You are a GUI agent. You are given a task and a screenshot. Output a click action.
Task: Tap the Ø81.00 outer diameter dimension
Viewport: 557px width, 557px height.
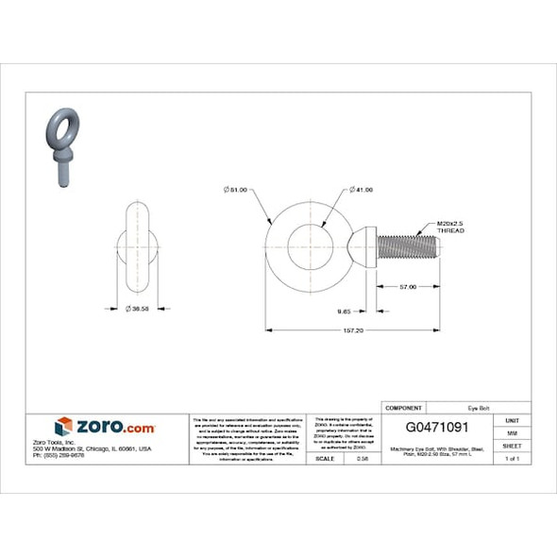[236, 190]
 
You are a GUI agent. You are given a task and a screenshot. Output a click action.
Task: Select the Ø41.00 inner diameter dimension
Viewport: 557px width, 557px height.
[361, 190]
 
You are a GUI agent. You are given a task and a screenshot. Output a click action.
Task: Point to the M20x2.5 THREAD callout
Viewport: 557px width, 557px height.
[451, 227]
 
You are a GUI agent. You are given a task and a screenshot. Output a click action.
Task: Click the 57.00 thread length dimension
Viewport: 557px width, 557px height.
[408, 286]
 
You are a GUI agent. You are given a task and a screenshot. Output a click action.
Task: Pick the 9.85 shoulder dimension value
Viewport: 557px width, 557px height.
[346, 309]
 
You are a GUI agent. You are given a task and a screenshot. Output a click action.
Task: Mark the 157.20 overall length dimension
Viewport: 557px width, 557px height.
[353, 330]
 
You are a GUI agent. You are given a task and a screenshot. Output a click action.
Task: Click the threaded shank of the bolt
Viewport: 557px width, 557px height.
[408, 248]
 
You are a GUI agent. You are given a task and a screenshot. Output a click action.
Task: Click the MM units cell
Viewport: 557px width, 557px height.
[512, 431]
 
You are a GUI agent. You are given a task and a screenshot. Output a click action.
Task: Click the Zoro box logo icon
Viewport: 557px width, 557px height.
[63, 427]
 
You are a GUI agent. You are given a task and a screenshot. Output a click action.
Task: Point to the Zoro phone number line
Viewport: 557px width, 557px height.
[59, 455]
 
